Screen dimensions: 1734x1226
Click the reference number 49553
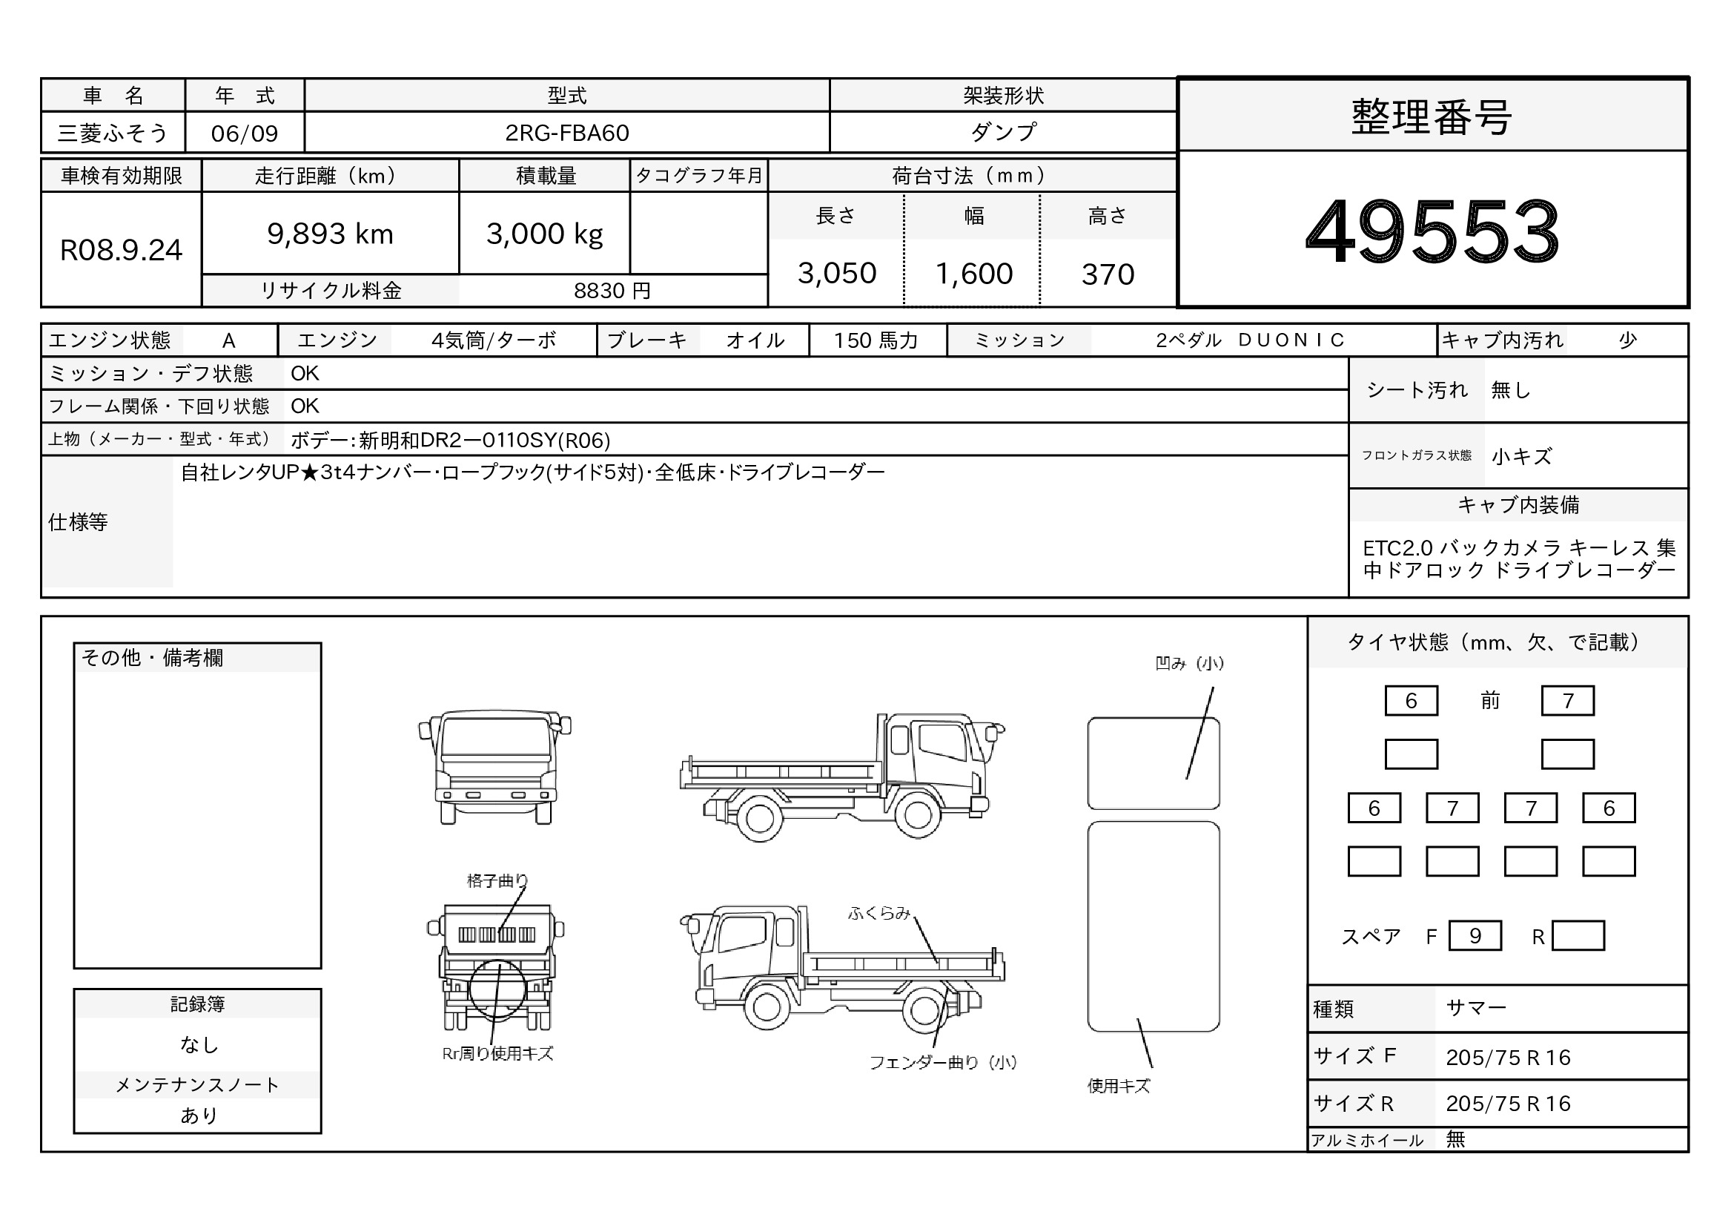click(x=1433, y=231)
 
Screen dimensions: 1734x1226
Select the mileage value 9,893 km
click(x=330, y=234)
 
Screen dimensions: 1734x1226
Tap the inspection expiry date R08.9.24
click(x=121, y=250)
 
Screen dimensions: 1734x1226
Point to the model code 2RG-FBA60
click(x=566, y=133)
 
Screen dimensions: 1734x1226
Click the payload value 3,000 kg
click(x=545, y=234)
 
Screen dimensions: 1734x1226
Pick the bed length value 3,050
click(x=837, y=274)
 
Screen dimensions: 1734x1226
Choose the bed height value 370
click(x=1108, y=274)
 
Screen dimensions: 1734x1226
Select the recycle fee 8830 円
click(x=612, y=291)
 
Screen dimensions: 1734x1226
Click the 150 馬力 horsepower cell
click(x=876, y=340)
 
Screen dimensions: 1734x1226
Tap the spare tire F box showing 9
click(x=1475, y=936)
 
